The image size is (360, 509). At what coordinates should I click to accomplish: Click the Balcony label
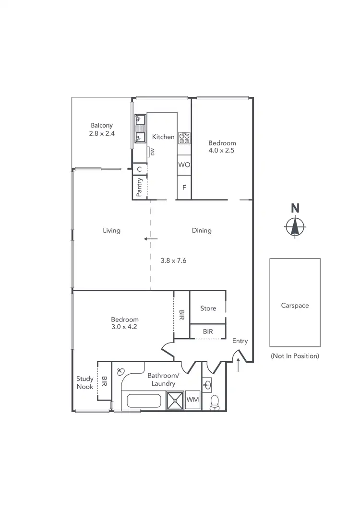pyautogui.click(x=101, y=126)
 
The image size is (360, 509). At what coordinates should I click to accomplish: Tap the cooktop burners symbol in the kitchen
pyautogui.click(x=184, y=138)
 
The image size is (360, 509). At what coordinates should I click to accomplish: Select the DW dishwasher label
pyautogui.click(x=153, y=152)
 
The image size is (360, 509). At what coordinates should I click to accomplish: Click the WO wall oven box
pyautogui.click(x=184, y=165)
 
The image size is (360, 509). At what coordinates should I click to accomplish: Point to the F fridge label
pyautogui.click(x=184, y=187)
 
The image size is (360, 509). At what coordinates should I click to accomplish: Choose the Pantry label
pyautogui.click(x=140, y=187)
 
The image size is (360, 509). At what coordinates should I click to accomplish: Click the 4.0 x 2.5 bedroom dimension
pyautogui.click(x=221, y=150)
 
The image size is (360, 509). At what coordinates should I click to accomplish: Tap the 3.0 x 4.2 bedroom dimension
pyautogui.click(x=124, y=327)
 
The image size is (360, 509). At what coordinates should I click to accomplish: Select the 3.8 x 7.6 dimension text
pyautogui.click(x=173, y=260)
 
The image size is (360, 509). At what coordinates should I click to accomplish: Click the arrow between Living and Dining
pyautogui.click(x=151, y=238)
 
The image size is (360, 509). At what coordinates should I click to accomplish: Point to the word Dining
pyautogui.click(x=202, y=230)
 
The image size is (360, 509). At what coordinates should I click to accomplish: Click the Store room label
pyautogui.click(x=208, y=308)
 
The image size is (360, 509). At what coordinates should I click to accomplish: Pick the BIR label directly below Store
pyautogui.click(x=208, y=331)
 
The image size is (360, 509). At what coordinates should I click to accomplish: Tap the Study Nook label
pyautogui.click(x=85, y=383)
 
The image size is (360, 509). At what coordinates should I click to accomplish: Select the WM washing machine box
pyautogui.click(x=192, y=400)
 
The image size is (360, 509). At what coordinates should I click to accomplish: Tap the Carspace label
pyautogui.click(x=295, y=305)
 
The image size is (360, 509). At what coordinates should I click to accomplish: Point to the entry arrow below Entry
pyautogui.click(x=239, y=365)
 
